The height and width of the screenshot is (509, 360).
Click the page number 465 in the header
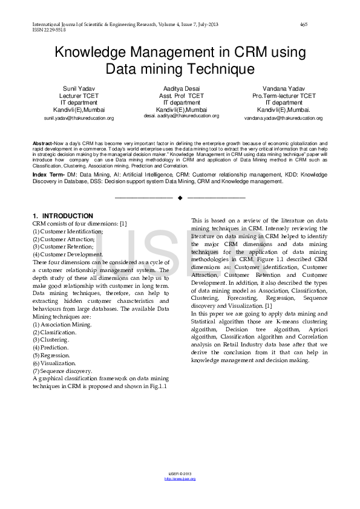click(304, 24)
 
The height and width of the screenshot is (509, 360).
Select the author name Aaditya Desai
click(180, 88)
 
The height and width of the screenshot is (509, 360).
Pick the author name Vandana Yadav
click(283, 88)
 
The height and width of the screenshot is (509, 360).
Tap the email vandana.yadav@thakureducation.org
click(283, 118)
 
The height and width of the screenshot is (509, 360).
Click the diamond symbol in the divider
click(180, 198)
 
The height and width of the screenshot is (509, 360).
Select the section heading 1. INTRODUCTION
click(63, 216)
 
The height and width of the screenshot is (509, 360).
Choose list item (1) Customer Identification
click(68, 232)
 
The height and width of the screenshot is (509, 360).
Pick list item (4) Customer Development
click(68, 254)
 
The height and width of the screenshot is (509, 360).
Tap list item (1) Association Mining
click(62, 325)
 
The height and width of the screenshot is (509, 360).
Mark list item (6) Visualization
click(59, 363)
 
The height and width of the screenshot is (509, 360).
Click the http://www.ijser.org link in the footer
click(180, 478)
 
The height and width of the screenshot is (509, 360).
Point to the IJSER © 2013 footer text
click(180, 473)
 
